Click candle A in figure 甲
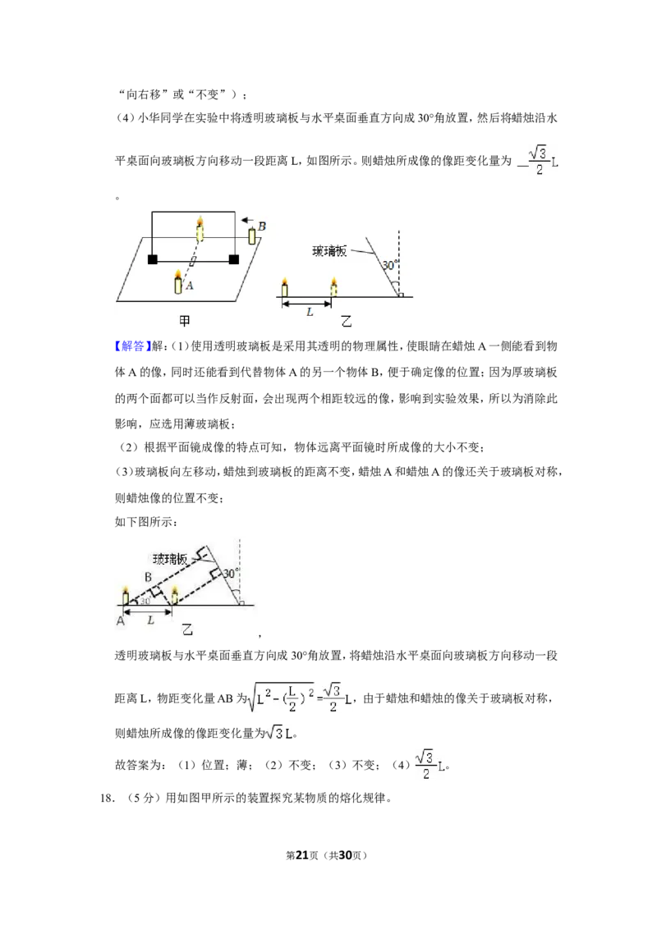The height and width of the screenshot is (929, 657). [x=178, y=282]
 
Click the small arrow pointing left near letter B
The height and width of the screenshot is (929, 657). [x=246, y=220]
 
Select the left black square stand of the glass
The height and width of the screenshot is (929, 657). [x=153, y=259]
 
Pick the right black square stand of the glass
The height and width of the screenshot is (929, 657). [x=233, y=259]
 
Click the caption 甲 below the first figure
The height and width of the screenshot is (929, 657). [x=185, y=321]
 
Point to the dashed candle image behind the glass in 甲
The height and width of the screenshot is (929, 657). [x=200, y=229]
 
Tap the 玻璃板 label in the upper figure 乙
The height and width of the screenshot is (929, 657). [x=329, y=251]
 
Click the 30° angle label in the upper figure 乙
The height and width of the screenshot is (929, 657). [x=389, y=265]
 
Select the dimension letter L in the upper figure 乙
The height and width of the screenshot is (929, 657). [x=310, y=312]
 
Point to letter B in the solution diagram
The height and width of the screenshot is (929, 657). [x=149, y=576]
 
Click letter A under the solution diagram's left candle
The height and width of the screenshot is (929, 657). [x=121, y=621]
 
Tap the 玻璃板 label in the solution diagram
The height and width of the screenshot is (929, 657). [x=169, y=559]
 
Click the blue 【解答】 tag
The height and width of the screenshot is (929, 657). [x=132, y=346]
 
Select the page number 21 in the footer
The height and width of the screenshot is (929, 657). [x=302, y=855]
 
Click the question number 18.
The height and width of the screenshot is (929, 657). [x=107, y=798]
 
